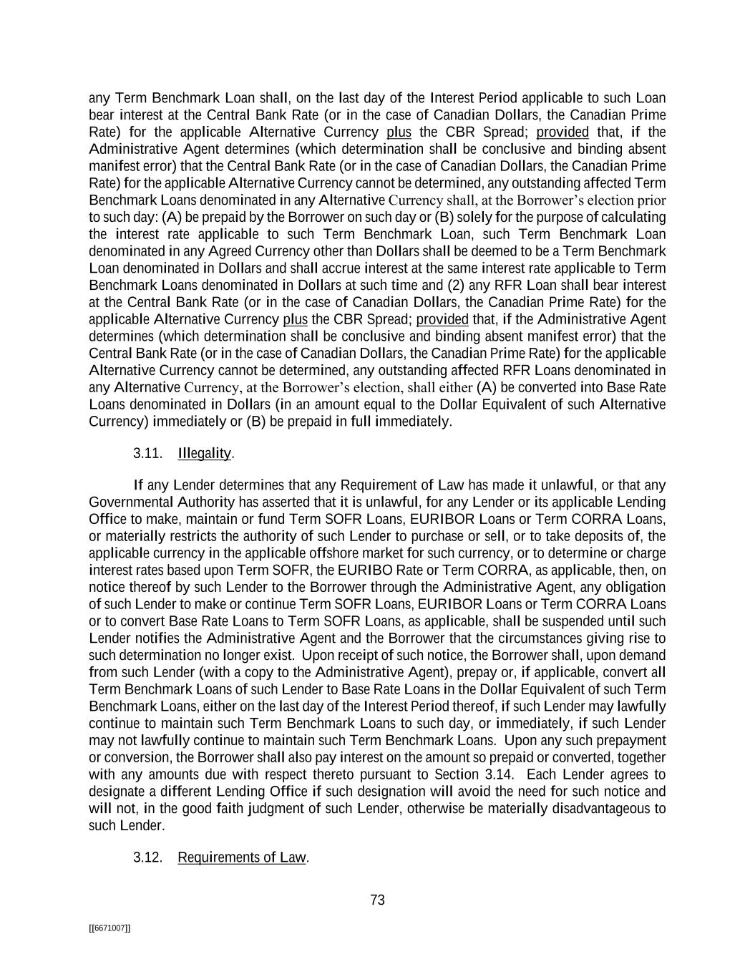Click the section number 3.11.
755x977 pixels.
[x=147, y=454]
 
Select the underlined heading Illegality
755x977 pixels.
[x=204, y=454]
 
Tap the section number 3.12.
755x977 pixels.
[x=147, y=857]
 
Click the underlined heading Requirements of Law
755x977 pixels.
[x=242, y=857]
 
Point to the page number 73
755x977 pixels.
[x=378, y=900]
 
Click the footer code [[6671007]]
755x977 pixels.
[x=109, y=928]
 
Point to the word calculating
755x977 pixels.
[x=633, y=217]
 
